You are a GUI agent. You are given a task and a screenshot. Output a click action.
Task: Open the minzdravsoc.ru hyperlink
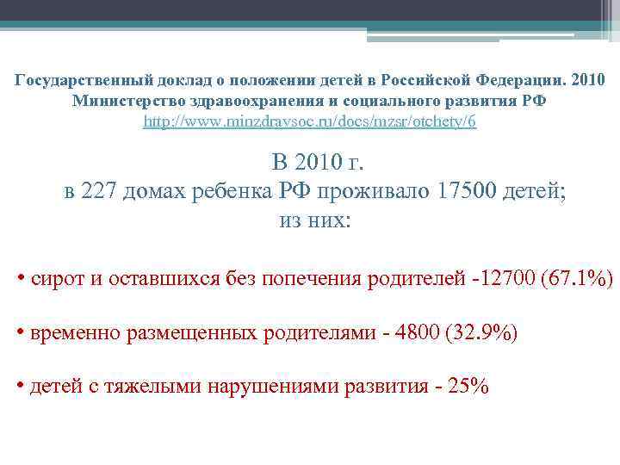309,121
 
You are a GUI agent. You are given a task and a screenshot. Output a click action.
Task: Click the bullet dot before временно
20,332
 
